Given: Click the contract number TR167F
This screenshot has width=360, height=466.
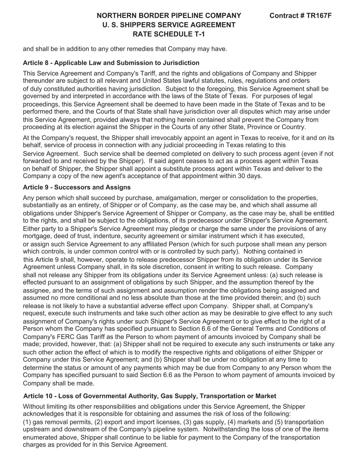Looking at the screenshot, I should [300, 16].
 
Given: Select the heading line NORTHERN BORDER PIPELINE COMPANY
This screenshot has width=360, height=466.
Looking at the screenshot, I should [169, 16].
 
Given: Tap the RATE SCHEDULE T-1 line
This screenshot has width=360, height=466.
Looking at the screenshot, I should [169, 34].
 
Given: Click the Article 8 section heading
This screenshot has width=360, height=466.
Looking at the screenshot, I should [111, 63].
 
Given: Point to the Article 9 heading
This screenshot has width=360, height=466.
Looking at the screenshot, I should [76, 187].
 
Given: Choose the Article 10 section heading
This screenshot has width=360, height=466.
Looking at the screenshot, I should [149, 396].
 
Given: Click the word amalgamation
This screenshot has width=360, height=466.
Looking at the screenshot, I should [169, 198].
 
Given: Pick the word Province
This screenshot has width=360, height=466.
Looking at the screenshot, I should [258, 127].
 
